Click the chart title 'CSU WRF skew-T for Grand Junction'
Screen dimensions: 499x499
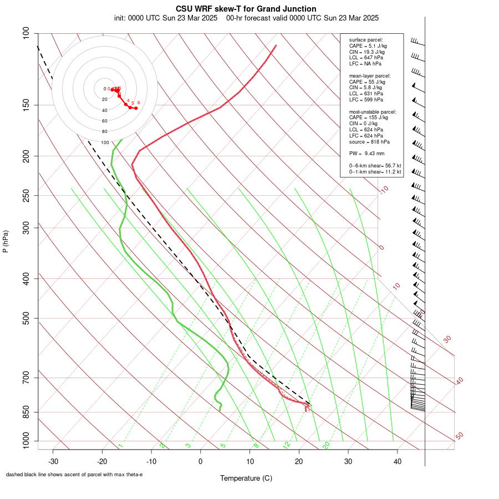click(246, 9)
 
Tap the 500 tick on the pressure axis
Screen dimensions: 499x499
click(26, 318)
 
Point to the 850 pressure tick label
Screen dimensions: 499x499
click(26, 412)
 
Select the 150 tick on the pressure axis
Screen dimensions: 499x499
click(26, 105)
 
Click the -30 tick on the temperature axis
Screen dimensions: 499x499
click(53, 461)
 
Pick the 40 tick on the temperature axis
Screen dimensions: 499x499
click(398, 461)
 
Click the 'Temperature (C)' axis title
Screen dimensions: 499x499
click(246, 478)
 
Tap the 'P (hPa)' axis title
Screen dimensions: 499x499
click(6, 241)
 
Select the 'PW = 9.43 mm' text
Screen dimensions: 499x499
click(366, 153)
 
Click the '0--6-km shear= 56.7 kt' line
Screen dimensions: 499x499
click(375, 166)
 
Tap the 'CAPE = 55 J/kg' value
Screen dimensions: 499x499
click(367, 82)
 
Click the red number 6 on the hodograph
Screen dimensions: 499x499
click(139, 103)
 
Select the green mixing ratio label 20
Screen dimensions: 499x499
click(326, 445)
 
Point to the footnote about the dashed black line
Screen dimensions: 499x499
click(74, 475)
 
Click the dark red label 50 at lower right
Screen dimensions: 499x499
click(459, 436)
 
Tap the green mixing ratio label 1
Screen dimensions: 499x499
click(120, 445)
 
